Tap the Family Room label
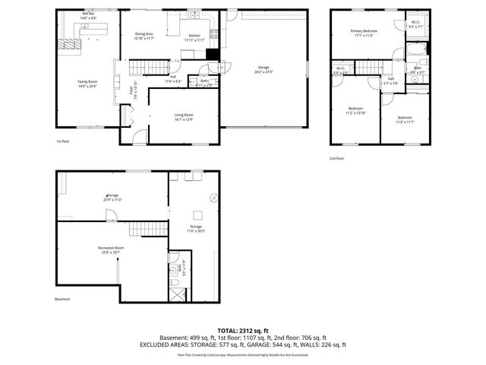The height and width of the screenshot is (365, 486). (88, 84)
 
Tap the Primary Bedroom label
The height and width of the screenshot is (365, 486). (364, 33)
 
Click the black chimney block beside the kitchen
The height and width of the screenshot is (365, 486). (212, 54)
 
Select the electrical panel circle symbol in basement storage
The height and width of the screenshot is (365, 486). (215, 197)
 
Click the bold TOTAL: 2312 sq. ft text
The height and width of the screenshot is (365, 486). (242, 331)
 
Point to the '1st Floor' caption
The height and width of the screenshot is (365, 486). (63, 141)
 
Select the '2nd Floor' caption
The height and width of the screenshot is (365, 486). (336, 158)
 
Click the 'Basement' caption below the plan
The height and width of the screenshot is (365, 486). (62, 299)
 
